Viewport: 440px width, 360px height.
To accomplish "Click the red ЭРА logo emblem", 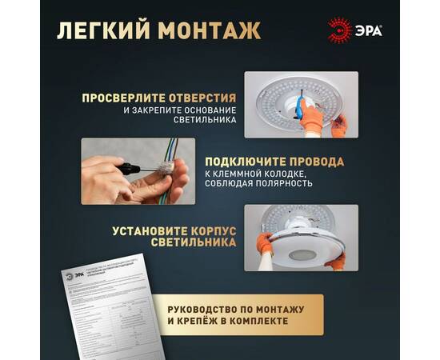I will [x=341, y=30].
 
